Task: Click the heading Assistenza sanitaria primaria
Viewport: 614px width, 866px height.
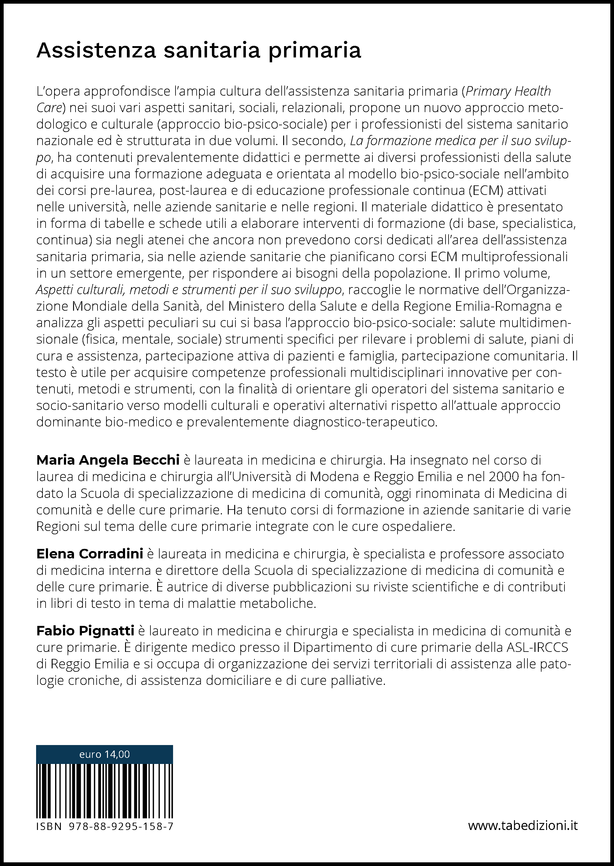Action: (198, 51)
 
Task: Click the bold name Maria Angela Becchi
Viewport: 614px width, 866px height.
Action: (108, 460)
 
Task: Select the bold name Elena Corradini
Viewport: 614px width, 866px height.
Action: (90, 554)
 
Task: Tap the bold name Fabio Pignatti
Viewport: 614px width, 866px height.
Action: (85, 631)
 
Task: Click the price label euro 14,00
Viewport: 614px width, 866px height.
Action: (104, 754)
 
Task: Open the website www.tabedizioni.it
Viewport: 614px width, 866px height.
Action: (523, 826)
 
